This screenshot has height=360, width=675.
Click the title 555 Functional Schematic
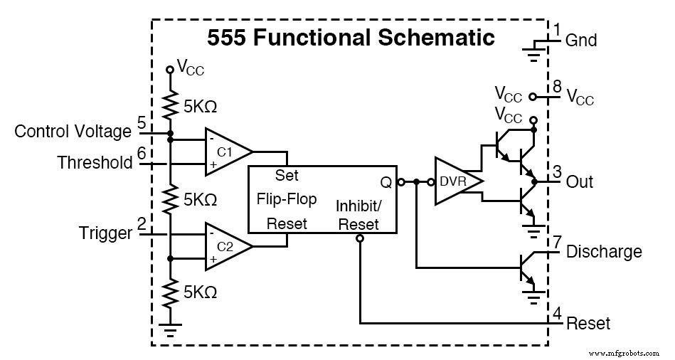click(x=351, y=38)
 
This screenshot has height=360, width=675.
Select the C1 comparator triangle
click(x=225, y=151)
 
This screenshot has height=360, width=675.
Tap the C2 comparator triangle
click(x=225, y=246)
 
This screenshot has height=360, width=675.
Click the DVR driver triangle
click(x=456, y=181)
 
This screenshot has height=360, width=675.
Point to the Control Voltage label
click(x=73, y=132)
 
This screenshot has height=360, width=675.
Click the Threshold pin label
click(x=95, y=163)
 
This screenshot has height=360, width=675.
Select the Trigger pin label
click(x=106, y=233)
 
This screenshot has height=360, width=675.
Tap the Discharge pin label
click(x=603, y=252)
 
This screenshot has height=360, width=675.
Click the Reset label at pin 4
click(x=588, y=324)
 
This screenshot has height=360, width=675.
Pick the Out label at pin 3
click(x=580, y=181)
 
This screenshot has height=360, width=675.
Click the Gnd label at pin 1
click(x=581, y=41)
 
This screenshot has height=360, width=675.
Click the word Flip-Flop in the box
click(x=287, y=198)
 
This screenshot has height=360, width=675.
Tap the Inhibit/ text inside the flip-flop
click(x=359, y=206)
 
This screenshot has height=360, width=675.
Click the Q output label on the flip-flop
click(x=386, y=182)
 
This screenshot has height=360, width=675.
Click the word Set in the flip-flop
click(x=287, y=175)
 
